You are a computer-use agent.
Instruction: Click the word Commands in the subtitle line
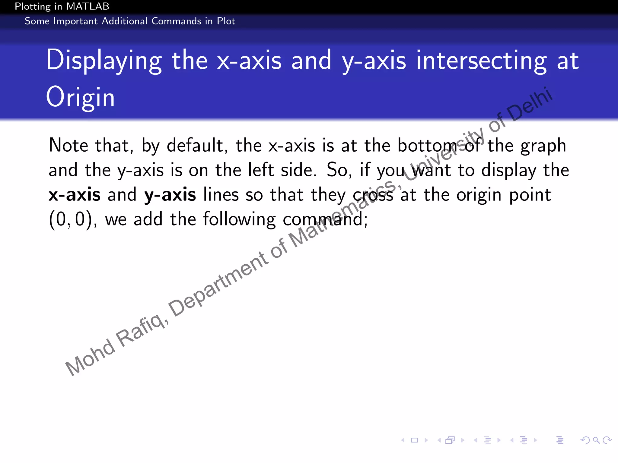pos(176,21)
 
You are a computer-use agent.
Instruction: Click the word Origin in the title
pos(80,97)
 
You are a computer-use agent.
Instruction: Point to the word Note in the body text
pos(68,145)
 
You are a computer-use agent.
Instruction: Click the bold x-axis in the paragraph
pos(75,194)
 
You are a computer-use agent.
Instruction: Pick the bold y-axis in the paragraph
pos(170,195)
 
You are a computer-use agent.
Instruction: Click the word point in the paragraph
pos(530,195)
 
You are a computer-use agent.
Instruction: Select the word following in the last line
pos(239,219)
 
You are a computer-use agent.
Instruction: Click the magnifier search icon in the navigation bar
pos(596,440)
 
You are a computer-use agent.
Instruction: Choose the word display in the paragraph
pos(509,171)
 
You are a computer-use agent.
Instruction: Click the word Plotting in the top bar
pos(33,6)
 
